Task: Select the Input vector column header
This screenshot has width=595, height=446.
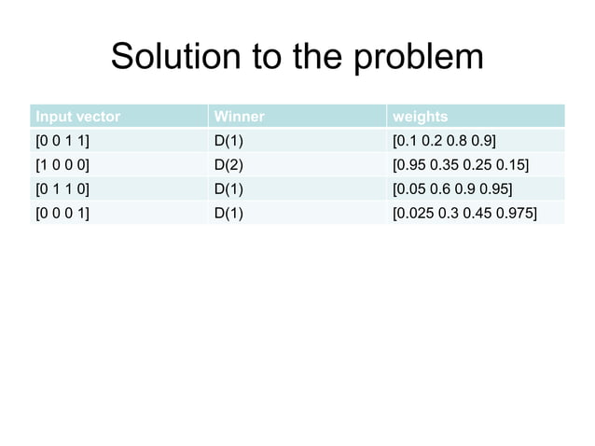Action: (77, 117)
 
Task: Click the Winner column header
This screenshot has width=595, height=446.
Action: (240, 117)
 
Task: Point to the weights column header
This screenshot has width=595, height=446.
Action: (421, 117)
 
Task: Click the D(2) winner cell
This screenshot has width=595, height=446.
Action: (229, 165)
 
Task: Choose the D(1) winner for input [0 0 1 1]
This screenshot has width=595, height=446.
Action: (229, 141)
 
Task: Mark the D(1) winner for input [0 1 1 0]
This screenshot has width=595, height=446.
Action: (229, 189)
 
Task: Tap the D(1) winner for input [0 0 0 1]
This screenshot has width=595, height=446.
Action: (229, 214)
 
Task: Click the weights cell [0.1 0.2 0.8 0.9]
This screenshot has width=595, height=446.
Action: (445, 141)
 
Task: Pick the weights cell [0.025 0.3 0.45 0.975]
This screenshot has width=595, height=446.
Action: (464, 214)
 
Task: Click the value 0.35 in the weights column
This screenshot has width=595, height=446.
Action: (448, 165)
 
